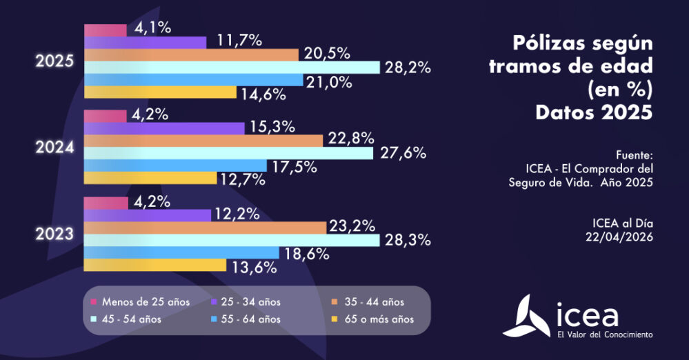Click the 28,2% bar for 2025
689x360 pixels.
[x=231, y=67]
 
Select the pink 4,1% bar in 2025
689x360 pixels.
[x=105, y=30]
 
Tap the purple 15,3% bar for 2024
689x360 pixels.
[x=164, y=128]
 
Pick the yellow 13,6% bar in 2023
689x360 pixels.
[x=154, y=265]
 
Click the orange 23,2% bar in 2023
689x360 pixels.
[x=204, y=228]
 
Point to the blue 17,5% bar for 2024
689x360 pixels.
[x=175, y=166]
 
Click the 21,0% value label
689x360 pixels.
[x=328, y=81]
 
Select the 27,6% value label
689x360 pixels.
[x=402, y=153]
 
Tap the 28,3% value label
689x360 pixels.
[x=406, y=240]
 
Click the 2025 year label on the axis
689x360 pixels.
[x=54, y=61]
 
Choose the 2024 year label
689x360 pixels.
[x=54, y=146]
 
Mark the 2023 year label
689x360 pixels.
[x=54, y=234]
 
